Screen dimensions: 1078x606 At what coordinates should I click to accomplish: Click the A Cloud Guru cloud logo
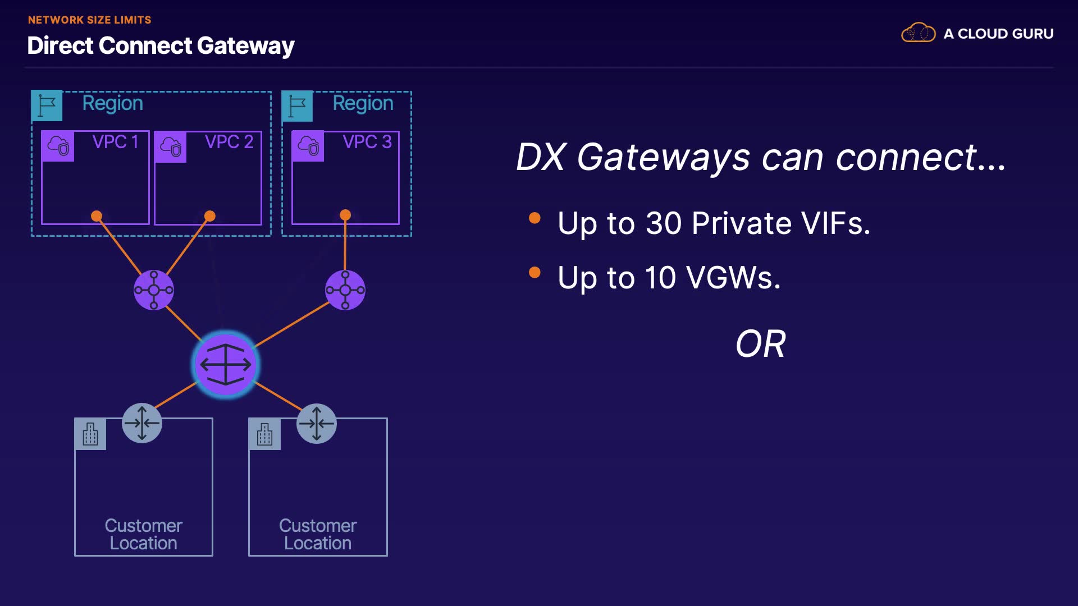(x=919, y=33)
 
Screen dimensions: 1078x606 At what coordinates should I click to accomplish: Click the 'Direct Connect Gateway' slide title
(x=161, y=46)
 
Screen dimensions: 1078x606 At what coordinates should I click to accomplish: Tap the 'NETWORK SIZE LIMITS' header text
(x=90, y=20)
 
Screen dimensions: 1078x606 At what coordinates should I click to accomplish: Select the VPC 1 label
(x=115, y=142)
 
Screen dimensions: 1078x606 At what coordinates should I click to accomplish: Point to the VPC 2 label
(x=229, y=142)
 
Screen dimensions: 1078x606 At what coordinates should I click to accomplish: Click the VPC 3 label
(x=367, y=142)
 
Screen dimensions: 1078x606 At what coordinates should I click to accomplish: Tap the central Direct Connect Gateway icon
(x=226, y=365)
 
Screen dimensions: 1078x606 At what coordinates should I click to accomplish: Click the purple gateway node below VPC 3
(x=345, y=290)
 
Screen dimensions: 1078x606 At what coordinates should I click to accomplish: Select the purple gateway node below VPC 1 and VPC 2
(x=154, y=290)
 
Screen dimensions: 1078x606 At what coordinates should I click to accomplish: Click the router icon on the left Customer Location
(x=142, y=423)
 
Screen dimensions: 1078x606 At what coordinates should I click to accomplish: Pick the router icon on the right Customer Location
(x=317, y=423)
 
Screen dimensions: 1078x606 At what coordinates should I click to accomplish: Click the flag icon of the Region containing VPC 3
(x=297, y=106)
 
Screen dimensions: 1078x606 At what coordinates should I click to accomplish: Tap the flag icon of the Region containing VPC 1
(x=47, y=106)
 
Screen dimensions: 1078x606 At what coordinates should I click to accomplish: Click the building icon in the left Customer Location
(x=90, y=434)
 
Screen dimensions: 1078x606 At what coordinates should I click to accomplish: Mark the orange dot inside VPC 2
(x=210, y=216)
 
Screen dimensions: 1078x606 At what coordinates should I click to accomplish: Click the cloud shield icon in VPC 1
(x=58, y=146)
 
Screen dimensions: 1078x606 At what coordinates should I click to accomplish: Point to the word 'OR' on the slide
(x=761, y=344)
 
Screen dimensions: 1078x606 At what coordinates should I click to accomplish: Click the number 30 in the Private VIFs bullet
(x=664, y=223)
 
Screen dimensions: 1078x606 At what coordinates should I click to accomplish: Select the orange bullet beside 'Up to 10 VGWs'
(x=535, y=273)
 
